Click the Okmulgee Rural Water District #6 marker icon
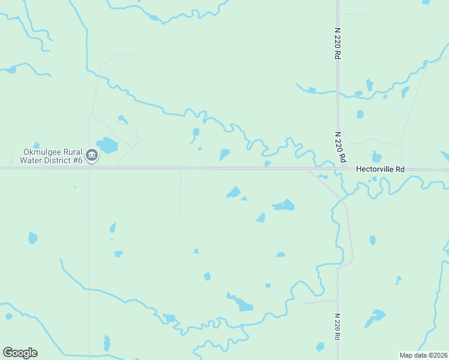pos(91,156)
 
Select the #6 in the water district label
pos(76,160)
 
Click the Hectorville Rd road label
pos(380,170)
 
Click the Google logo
pos(20,353)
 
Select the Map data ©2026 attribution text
pos(423,355)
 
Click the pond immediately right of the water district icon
pos(108,145)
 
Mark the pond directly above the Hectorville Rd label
pos(376,157)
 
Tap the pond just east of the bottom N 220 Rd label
pos(376,316)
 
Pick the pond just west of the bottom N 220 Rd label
pos(320,347)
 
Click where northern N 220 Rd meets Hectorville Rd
pos(337,169)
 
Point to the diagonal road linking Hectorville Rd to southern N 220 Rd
pos(326,184)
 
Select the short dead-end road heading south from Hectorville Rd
pos(181,192)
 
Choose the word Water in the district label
pos(30,160)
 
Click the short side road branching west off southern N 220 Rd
pos(321,301)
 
